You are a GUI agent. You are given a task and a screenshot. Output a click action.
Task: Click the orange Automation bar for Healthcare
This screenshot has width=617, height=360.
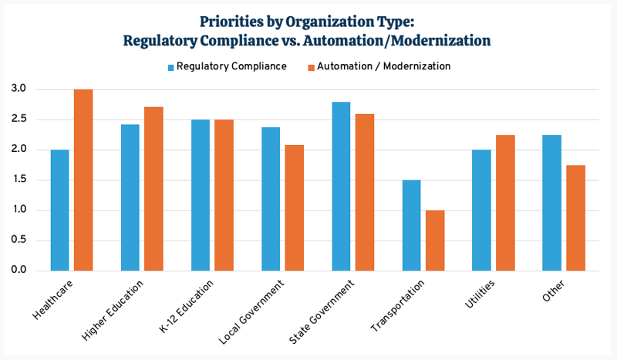83,180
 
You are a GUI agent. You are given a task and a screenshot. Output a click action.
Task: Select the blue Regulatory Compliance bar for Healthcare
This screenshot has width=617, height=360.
59,210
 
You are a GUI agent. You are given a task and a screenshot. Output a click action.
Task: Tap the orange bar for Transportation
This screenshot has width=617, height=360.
435,241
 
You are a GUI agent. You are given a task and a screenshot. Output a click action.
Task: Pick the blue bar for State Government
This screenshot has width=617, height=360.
341,187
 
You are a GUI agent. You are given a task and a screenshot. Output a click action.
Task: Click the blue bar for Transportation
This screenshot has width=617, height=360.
411,226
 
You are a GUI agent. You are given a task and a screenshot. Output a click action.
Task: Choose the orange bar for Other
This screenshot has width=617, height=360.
575,218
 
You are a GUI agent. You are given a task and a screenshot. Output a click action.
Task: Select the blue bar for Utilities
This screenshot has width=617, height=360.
481,210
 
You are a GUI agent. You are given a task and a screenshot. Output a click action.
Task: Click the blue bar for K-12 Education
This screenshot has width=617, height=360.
201,196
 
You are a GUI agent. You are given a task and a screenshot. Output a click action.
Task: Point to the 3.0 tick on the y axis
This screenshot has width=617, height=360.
19,89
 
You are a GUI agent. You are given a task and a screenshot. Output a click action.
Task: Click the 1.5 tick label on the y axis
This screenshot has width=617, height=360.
19,180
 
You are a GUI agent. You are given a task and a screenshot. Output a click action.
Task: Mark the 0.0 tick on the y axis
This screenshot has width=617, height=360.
19,271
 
